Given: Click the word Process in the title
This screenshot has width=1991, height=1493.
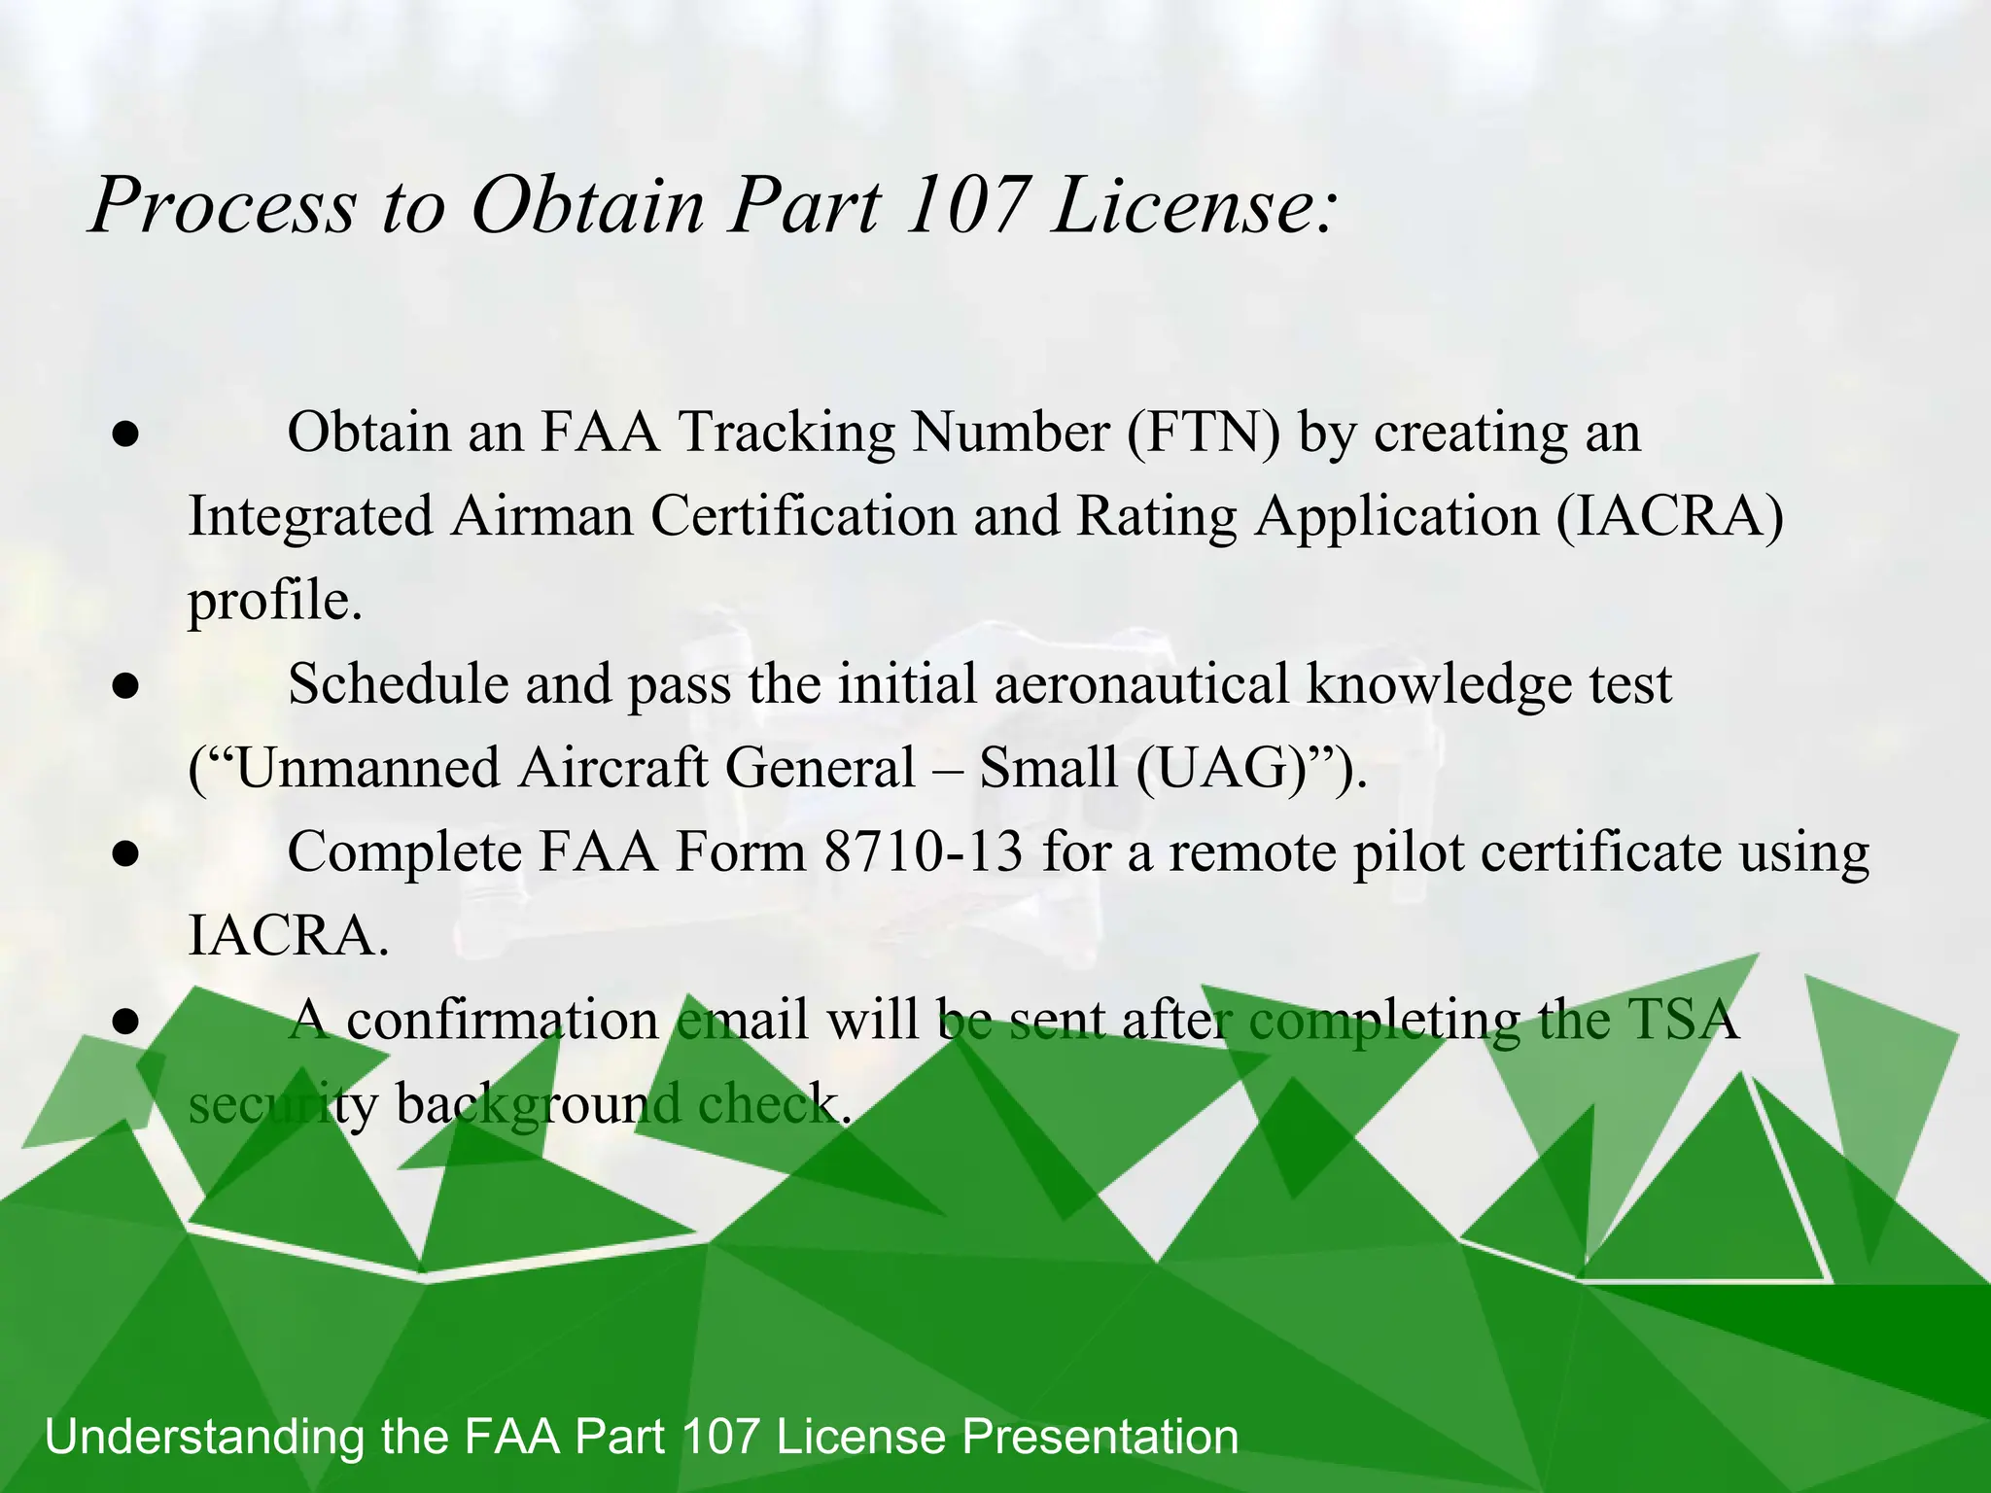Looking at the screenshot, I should (x=224, y=205).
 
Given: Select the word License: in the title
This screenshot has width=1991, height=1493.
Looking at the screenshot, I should (x=1194, y=205).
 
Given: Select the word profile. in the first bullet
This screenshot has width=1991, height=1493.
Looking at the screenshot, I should (x=275, y=601).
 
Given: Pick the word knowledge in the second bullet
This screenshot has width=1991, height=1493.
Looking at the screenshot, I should (x=1439, y=685).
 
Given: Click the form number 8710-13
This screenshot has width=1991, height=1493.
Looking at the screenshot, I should (x=924, y=852).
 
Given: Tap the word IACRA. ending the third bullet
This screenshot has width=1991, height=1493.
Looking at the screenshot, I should (x=288, y=936).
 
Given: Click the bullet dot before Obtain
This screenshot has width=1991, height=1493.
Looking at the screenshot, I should (x=124, y=434).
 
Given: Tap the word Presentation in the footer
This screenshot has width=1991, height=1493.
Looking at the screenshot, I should (x=1100, y=1437).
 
